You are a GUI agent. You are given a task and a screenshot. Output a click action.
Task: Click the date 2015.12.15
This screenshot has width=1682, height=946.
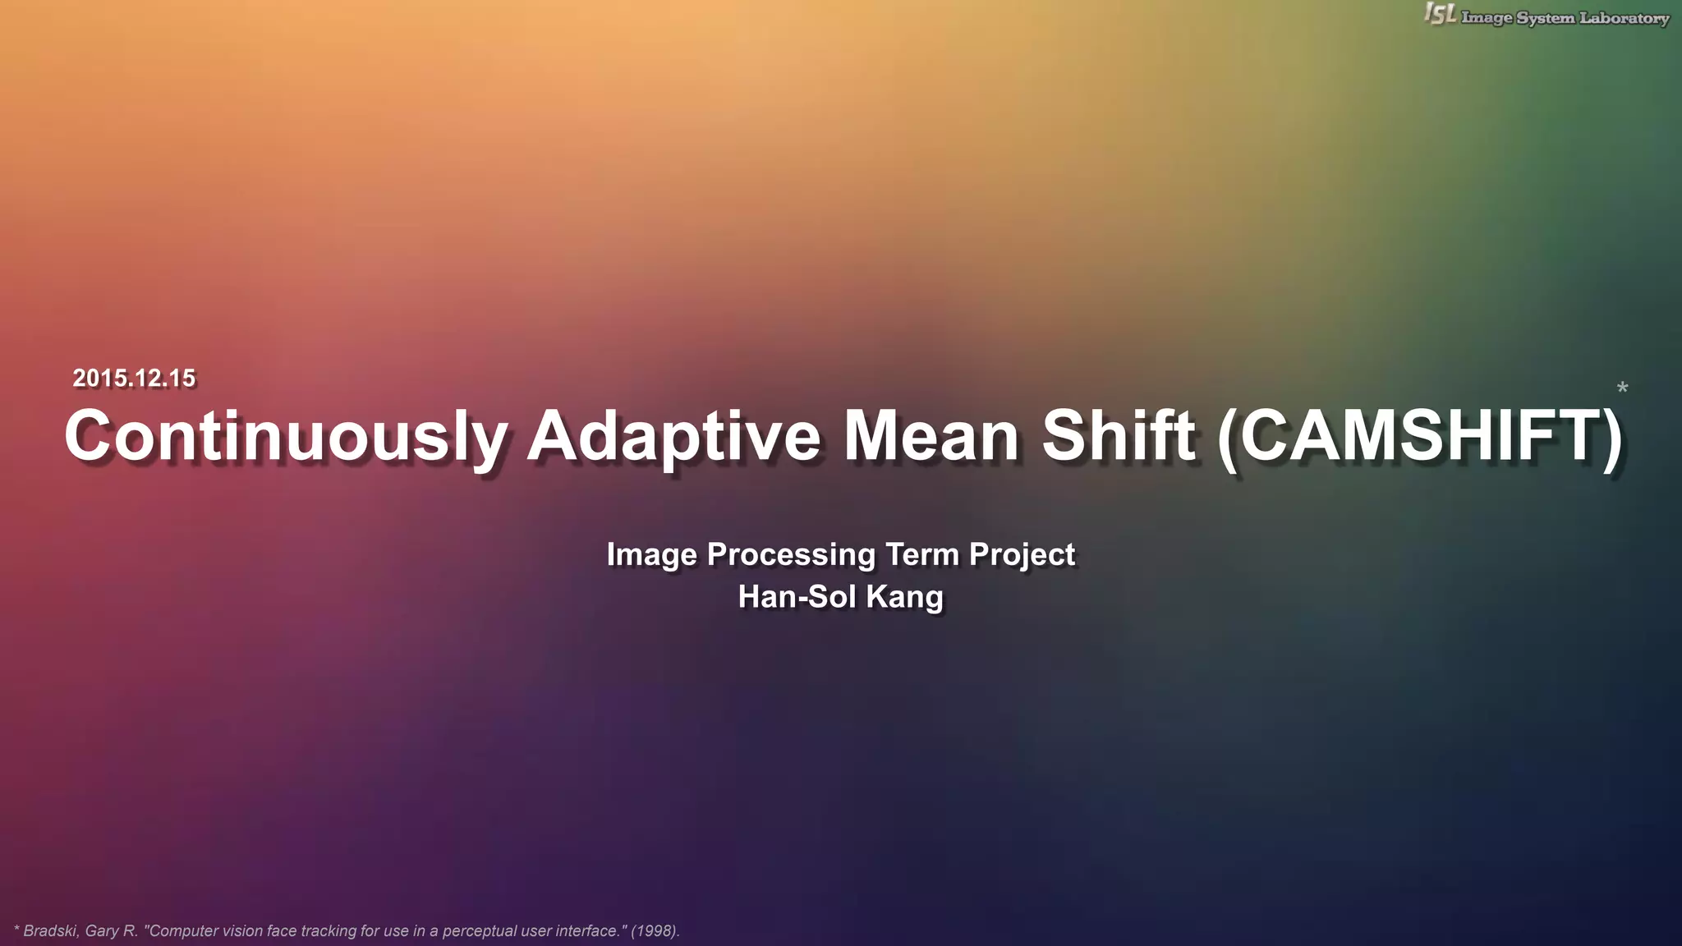(134, 378)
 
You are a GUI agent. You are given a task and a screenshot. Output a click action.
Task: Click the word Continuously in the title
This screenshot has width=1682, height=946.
(286, 436)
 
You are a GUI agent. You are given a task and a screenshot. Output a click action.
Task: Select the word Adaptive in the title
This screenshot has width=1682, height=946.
(673, 436)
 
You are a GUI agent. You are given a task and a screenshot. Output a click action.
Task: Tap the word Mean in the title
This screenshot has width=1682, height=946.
(931, 436)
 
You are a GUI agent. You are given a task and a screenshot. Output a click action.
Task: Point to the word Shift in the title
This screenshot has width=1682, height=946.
(1118, 436)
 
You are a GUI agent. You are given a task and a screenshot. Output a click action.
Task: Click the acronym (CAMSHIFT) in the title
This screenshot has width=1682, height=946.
(1420, 436)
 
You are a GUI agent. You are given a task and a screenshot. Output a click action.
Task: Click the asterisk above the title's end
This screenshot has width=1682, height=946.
(1622, 388)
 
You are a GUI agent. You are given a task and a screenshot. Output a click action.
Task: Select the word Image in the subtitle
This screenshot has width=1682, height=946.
(652, 555)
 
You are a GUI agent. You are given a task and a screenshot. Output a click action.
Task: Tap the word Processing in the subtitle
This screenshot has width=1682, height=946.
(792, 555)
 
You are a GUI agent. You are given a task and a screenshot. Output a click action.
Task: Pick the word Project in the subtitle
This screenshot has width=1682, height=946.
(1022, 555)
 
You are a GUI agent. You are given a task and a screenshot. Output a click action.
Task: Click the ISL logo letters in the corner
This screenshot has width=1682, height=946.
(1441, 14)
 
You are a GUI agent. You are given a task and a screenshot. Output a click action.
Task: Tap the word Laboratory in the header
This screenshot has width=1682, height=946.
(1625, 18)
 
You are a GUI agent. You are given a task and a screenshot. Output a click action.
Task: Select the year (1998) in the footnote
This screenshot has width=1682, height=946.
(655, 931)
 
